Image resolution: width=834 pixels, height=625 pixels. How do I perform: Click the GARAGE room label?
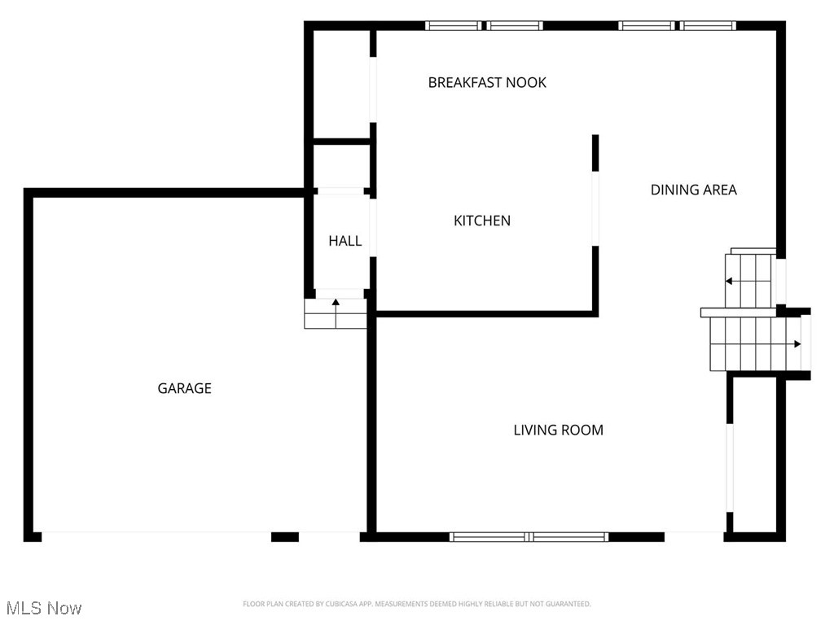point(184,388)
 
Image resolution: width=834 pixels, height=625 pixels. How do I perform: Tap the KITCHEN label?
point(481,221)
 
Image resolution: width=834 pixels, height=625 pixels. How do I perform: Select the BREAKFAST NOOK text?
point(487,82)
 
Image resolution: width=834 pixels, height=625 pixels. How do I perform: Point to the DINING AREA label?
point(693,190)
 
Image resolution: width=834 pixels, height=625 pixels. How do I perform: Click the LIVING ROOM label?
point(558,430)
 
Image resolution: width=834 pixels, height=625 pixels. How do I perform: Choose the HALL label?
point(345,241)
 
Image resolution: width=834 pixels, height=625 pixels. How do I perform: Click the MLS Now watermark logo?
point(44,608)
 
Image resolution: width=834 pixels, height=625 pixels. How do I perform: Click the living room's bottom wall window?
point(529,536)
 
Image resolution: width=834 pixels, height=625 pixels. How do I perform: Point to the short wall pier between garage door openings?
point(284,536)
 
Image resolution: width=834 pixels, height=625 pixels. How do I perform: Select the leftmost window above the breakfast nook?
point(454,26)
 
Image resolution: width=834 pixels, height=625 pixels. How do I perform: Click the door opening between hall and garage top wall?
point(340,192)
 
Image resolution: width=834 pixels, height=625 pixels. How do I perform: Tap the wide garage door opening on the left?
point(156,536)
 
